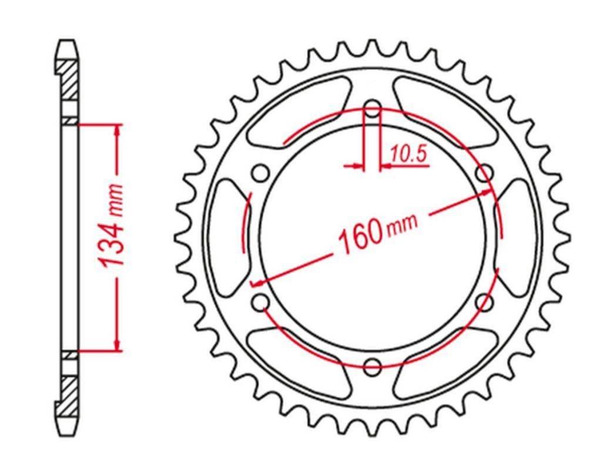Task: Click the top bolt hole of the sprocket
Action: tap(372, 109)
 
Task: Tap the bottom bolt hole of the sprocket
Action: tap(372, 367)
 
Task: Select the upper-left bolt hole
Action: tap(260, 174)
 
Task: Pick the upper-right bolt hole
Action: tap(484, 174)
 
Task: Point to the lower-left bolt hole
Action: tap(260, 303)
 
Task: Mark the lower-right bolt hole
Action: tap(484, 303)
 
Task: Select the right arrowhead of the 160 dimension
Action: tap(475, 197)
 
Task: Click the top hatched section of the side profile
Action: tap(68, 79)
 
